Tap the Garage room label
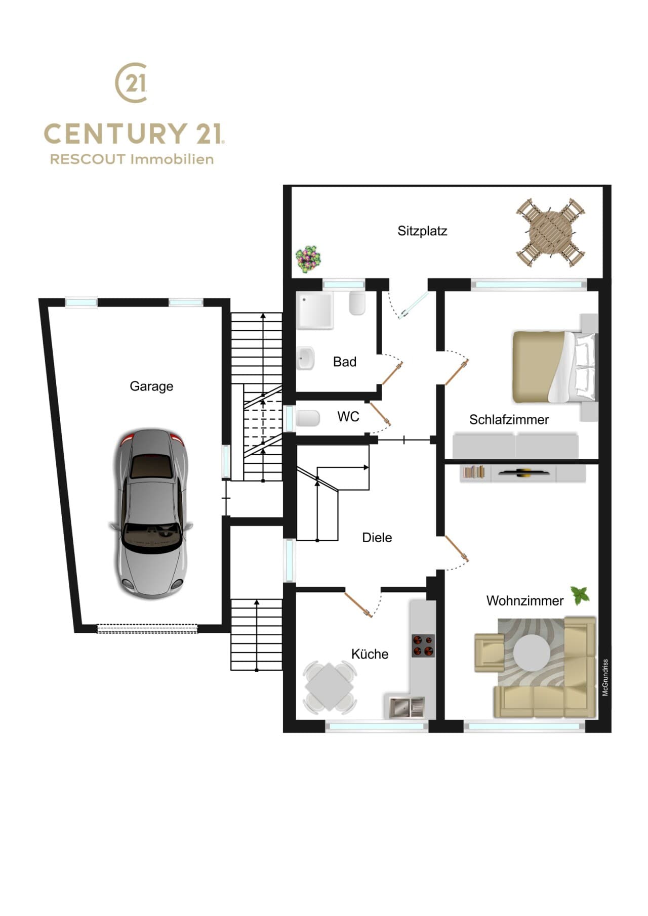(x=151, y=386)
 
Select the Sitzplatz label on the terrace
(x=422, y=231)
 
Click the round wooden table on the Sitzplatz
(x=551, y=233)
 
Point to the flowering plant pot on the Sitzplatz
(x=308, y=259)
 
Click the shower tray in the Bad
(x=315, y=311)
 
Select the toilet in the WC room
(x=308, y=418)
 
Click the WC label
(x=348, y=417)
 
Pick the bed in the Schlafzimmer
(x=555, y=367)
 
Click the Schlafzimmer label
(x=509, y=419)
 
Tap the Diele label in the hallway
(x=377, y=538)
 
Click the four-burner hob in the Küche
(x=423, y=645)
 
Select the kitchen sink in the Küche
(x=407, y=707)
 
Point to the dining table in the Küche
(x=330, y=687)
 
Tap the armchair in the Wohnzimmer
(x=489, y=652)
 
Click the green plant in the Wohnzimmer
(x=580, y=595)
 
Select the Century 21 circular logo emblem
(x=132, y=82)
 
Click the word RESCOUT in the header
(x=87, y=159)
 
